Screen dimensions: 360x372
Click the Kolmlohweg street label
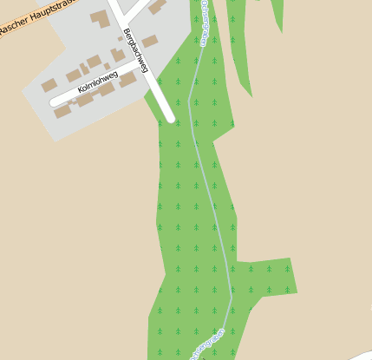pyautogui.click(x=97, y=83)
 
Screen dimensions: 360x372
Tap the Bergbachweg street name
pyautogui.click(x=137, y=52)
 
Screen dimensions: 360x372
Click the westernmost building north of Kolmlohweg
pyautogui.click(x=49, y=85)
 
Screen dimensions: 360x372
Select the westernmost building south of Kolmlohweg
pyautogui.click(x=62, y=112)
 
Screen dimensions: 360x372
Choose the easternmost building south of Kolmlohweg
pyautogui.click(x=127, y=80)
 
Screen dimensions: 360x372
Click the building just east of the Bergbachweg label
pyautogui.click(x=150, y=41)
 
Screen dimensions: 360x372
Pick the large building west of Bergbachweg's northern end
pyautogui.click(x=100, y=18)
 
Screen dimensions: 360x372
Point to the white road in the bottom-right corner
pyautogui.click(x=360, y=351)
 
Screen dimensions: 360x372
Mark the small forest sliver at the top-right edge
pyautogui.click(x=277, y=10)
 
